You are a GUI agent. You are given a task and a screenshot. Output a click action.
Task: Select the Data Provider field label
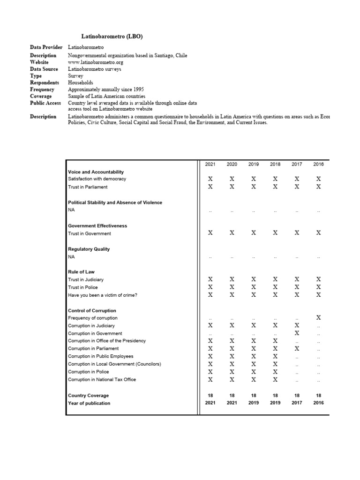tap(46, 47)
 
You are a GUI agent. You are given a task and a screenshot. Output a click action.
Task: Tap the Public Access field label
tap(45, 103)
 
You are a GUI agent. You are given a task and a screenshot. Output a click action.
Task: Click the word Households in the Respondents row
tap(81, 82)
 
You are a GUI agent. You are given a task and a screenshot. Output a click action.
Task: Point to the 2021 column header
tap(210, 164)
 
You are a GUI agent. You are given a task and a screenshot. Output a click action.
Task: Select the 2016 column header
tap(318, 164)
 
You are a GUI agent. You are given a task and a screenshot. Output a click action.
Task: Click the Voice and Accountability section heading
tap(96, 172)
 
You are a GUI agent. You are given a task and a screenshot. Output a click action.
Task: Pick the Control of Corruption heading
tap(92, 311)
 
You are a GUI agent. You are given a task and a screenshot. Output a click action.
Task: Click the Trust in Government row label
tap(90, 233)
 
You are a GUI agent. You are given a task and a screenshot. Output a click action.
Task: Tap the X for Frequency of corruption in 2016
tap(319, 318)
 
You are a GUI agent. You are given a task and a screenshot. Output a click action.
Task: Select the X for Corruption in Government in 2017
tap(297, 333)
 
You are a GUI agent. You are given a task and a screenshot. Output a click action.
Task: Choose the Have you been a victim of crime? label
tap(103, 295)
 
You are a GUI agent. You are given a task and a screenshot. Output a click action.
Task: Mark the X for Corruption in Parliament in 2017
tap(297, 349)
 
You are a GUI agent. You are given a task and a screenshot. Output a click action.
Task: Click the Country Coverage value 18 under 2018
tap(275, 396)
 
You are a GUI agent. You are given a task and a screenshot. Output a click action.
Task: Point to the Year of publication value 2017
tap(297, 403)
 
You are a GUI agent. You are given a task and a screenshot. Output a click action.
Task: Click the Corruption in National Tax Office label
tap(102, 380)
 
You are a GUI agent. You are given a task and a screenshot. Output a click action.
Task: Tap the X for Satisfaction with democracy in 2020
tap(232, 179)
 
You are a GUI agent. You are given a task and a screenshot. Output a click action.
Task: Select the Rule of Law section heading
tap(81, 272)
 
